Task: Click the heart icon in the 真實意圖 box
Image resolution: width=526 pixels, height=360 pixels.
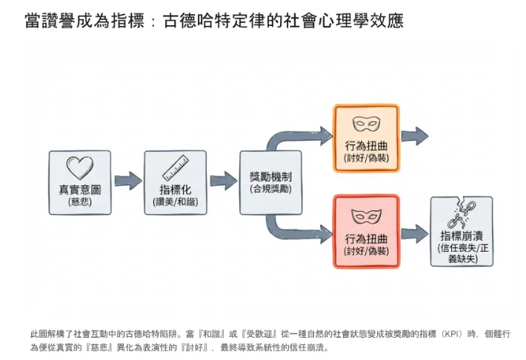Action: click(79, 168)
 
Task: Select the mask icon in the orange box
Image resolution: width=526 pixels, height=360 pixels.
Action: click(366, 124)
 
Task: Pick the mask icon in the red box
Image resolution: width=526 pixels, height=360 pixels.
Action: click(366, 216)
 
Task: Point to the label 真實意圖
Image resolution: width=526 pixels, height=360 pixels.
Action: click(80, 189)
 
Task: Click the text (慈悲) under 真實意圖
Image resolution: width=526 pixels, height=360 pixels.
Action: click(80, 201)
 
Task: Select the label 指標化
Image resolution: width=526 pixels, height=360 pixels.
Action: click(176, 189)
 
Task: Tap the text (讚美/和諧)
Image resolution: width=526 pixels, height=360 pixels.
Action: click(176, 201)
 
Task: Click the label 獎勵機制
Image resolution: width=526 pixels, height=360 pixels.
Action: click(270, 177)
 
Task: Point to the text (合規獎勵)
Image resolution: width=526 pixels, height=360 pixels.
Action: click(270, 190)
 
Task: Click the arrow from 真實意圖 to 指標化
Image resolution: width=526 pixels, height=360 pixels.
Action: click(127, 180)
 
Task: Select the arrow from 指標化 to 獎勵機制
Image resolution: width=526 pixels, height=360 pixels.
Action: click(223, 180)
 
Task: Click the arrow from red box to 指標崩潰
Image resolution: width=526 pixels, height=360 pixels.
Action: click(415, 233)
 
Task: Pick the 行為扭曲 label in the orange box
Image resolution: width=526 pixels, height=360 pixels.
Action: click(366, 146)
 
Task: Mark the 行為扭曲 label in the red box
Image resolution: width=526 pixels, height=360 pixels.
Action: click(366, 239)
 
